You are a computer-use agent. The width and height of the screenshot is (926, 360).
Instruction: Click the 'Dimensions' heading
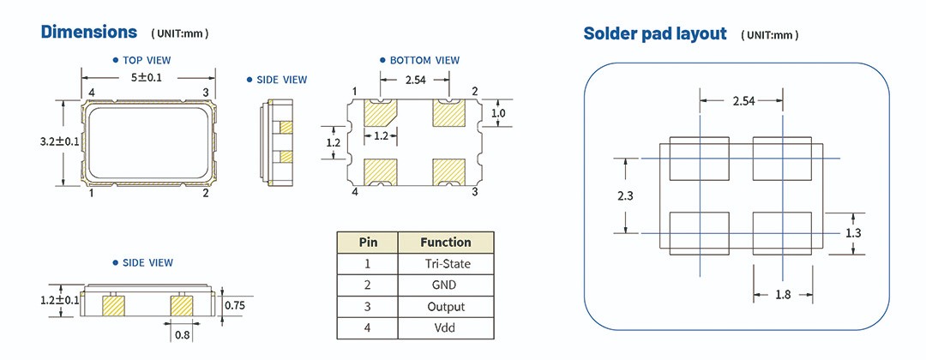(x=89, y=32)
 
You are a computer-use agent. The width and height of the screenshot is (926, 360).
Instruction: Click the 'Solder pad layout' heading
(x=654, y=33)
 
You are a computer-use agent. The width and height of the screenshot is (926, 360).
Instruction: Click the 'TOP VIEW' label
(x=147, y=60)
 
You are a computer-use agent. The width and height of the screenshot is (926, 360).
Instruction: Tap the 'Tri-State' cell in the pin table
(x=446, y=263)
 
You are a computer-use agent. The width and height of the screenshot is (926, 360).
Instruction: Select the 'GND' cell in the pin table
(x=446, y=285)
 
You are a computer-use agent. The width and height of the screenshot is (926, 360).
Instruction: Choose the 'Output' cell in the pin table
(x=446, y=307)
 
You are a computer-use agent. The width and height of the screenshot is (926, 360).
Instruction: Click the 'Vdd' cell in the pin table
(x=446, y=328)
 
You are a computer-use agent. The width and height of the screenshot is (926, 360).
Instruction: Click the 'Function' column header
(x=446, y=242)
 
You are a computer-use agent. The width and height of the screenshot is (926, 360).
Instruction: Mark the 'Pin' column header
(x=367, y=242)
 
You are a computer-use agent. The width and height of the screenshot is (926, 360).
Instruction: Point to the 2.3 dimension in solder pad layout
(x=625, y=195)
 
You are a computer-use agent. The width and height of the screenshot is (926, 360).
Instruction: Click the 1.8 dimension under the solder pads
(x=783, y=295)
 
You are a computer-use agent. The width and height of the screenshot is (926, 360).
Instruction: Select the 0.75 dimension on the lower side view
(x=236, y=304)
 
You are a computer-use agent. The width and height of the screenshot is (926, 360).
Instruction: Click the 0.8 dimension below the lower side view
(x=183, y=335)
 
